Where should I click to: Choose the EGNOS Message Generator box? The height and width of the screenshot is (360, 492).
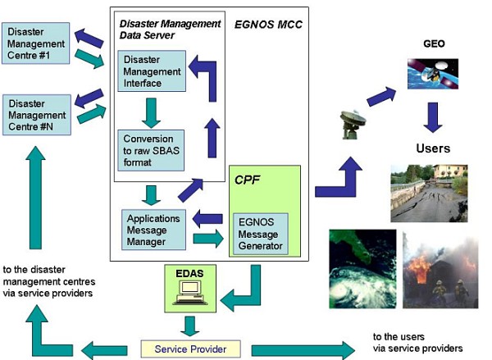coord(261,233)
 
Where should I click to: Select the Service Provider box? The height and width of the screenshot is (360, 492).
coord(194,348)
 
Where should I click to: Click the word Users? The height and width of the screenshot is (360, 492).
coord(433,148)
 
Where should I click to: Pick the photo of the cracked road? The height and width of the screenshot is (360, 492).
coord(430,193)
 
